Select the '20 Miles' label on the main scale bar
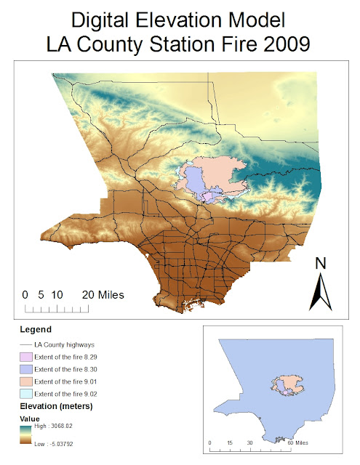(x=103, y=295)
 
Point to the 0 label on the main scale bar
(x=25, y=295)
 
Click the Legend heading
(x=35, y=329)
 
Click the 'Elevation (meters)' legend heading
(x=53, y=405)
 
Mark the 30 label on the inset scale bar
(x=249, y=442)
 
